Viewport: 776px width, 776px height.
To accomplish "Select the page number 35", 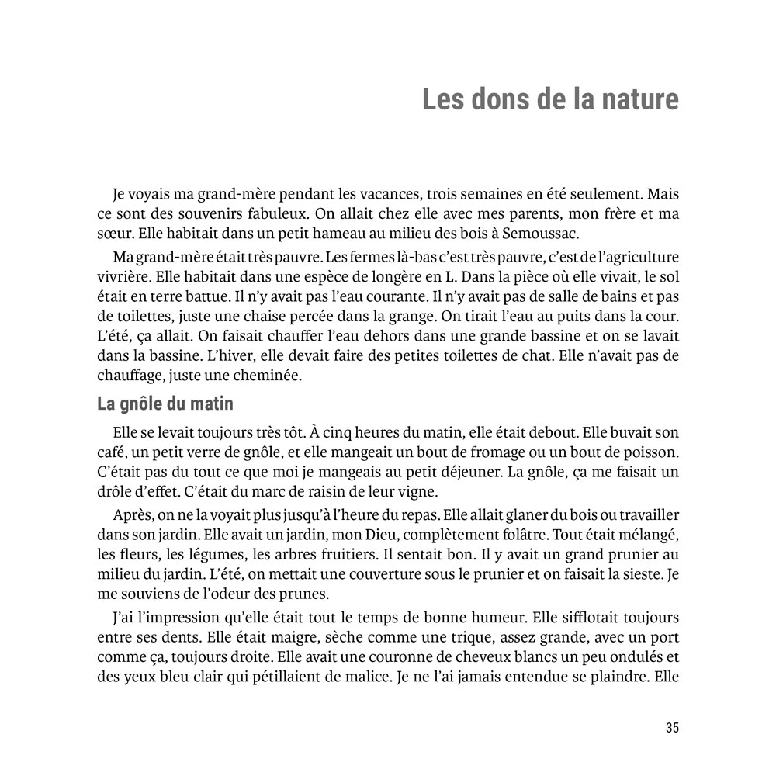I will pyautogui.click(x=672, y=728).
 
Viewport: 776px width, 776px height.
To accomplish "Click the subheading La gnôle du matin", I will pyautogui.click(x=165, y=404).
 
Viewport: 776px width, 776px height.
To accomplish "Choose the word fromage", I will pyautogui.click(x=497, y=452).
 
